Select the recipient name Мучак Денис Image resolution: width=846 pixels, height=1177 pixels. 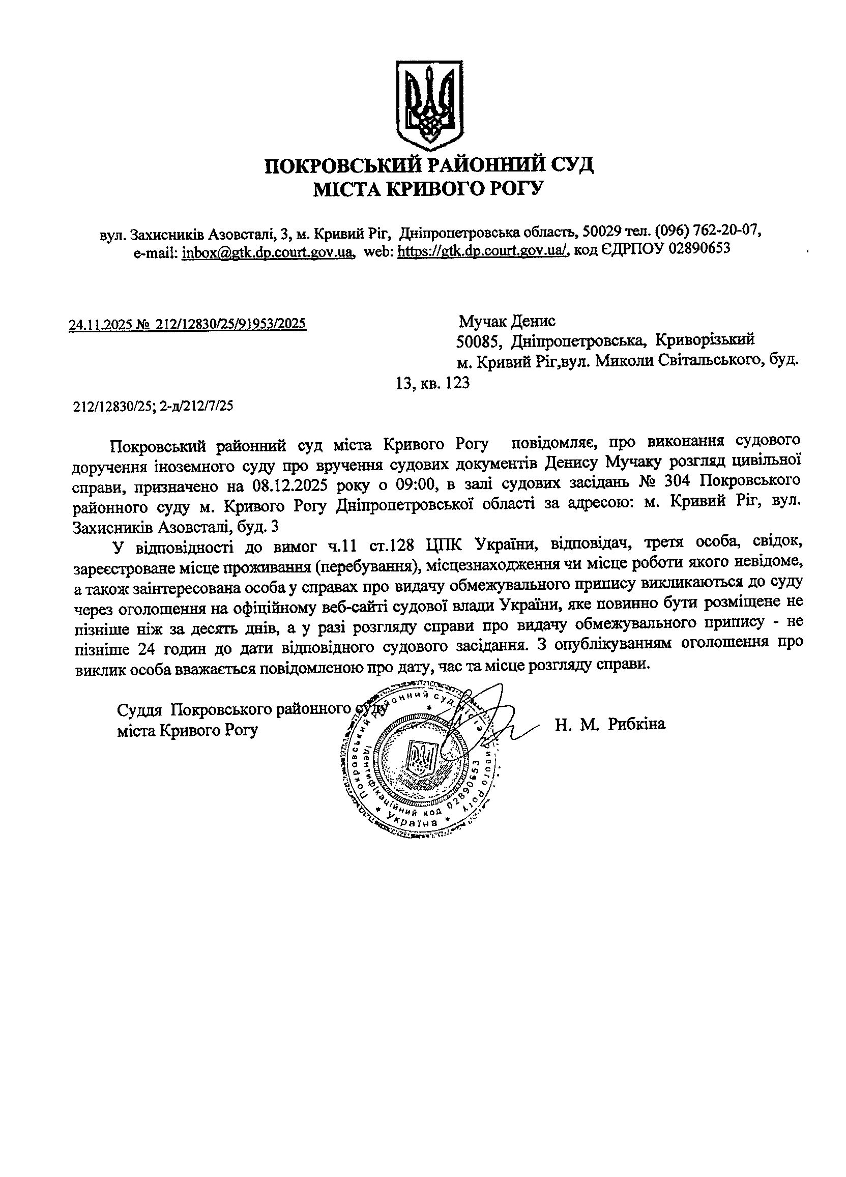507,321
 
